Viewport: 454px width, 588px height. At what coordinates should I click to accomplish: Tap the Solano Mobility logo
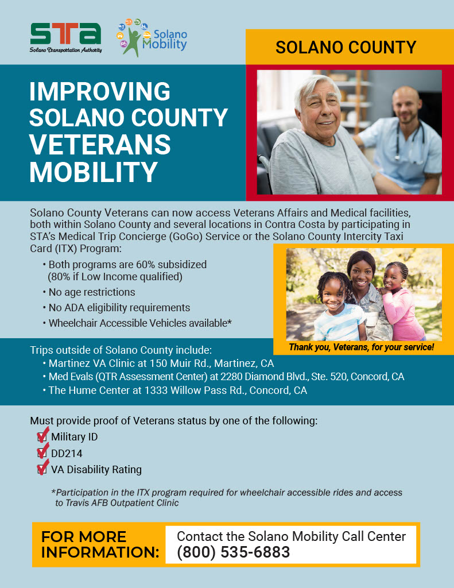click(x=153, y=37)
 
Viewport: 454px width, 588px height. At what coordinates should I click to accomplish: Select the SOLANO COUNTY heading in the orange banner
click(x=346, y=47)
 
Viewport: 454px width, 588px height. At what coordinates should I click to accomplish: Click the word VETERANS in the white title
click(x=100, y=145)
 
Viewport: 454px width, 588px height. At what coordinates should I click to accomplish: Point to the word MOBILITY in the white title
click(x=93, y=172)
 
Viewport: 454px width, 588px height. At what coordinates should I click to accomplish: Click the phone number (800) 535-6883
click(x=233, y=552)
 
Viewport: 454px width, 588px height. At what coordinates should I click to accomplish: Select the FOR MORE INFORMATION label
click(x=100, y=544)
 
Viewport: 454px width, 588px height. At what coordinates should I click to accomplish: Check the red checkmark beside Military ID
click(x=42, y=435)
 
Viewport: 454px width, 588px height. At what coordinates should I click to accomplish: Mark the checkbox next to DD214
click(x=42, y=452)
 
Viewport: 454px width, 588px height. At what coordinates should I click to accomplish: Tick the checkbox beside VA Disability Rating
click(x=42, y=469)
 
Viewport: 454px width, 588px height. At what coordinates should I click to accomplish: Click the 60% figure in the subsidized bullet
click(x=146, y=265)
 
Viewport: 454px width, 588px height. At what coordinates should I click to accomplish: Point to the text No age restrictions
click(x=92, y=292)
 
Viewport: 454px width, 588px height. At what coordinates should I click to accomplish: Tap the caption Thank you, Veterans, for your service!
click(x=361, y=347)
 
